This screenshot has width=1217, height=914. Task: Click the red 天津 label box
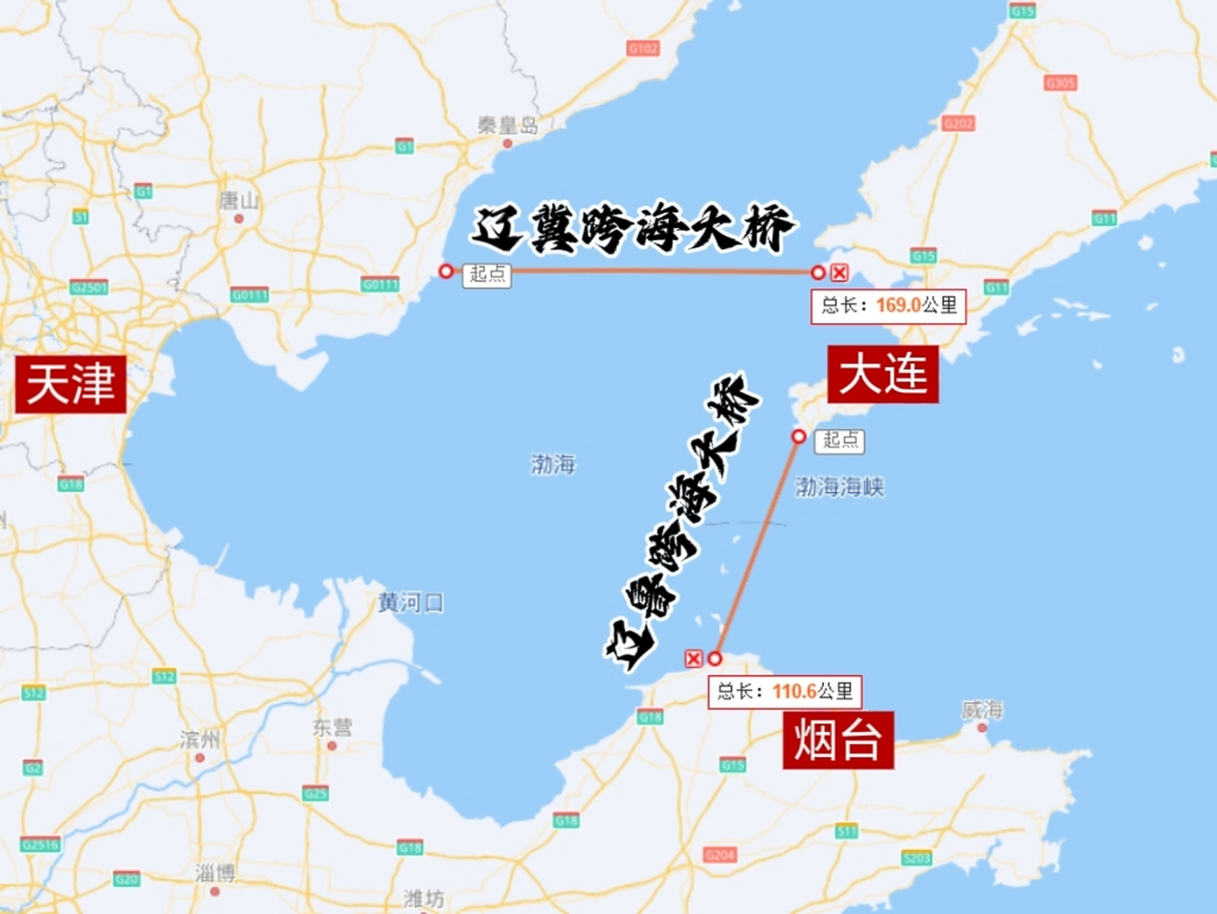tap(71, 384)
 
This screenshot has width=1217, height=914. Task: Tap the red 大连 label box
tap(883, 374)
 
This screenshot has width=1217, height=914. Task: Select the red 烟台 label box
tap(838, 740)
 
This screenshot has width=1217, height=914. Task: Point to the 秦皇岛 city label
tap(508, 126)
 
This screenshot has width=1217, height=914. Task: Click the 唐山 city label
tap(239, 201)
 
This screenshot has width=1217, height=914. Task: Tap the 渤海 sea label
tap(553, 464)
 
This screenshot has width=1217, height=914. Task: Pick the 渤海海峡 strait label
tap(839, 487)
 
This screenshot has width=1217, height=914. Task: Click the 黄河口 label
tap(411, 603)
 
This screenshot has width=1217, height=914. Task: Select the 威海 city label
tap(982, 710)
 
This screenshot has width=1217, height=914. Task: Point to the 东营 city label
tap(332, 728)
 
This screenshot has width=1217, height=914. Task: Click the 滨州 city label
tap(199, 740)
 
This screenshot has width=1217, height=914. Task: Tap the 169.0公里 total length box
tap(888, 306)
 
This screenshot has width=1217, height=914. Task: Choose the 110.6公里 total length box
tap(785, 691)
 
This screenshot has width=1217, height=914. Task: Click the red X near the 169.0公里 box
tap(839, 272)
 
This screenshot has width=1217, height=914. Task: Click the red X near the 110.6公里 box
tap(693, 658)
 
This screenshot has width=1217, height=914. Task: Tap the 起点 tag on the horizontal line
tap(487, 274)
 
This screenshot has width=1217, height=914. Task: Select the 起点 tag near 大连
tap(840, 440)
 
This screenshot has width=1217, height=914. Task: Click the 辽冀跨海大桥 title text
tap(632, 228)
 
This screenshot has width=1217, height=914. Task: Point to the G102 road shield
tap(643, 49)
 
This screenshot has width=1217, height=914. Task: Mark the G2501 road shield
tap(89, 287)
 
